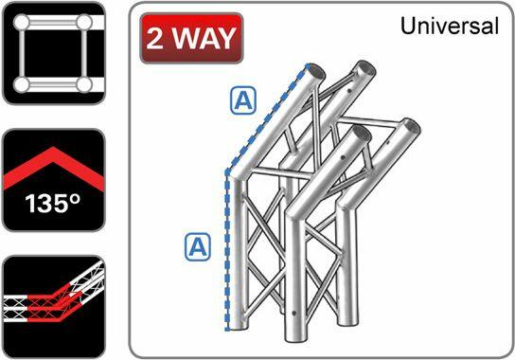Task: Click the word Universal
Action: [449, 27]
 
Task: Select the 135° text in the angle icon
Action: [52, 204]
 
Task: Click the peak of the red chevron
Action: [53, 153]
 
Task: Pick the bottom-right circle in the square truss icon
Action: [85, 85]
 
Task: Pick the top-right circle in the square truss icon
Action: [85, 22]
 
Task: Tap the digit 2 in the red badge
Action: [157, 39]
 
